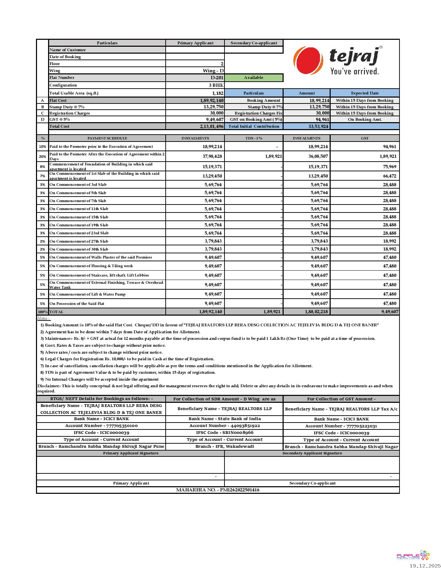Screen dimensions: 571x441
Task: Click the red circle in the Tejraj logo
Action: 308,60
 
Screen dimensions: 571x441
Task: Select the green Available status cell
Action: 254,78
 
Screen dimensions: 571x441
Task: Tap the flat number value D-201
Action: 217,78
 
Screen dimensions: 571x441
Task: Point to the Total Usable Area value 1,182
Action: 218,93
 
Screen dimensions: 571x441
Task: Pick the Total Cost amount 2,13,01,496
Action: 211,126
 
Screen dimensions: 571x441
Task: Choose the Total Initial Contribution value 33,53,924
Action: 318,126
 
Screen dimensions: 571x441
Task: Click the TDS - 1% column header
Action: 254,138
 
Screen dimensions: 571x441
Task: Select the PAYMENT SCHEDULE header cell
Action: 107,138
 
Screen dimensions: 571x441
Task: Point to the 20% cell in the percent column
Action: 43,156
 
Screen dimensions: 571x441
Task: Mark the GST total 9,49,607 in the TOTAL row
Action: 390,311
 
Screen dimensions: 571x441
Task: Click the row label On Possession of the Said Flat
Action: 77,303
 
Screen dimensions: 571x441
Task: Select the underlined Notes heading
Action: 44,318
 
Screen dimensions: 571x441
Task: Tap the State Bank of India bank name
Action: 224,419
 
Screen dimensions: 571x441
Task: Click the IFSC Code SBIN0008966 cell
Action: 224,433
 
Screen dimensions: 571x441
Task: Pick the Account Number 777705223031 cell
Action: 341,426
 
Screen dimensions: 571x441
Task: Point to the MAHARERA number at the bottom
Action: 218,490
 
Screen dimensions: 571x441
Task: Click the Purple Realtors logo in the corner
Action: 413,556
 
